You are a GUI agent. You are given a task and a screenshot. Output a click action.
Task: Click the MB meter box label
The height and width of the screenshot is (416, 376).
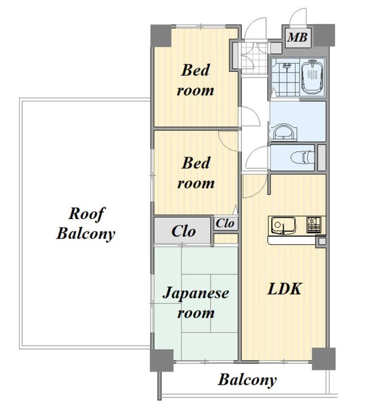click(297, 37)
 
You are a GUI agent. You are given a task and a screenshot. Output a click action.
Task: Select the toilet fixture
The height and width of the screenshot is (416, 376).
click(302, 158)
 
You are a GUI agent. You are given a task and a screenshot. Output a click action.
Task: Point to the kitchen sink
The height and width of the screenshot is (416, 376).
click(282, 225)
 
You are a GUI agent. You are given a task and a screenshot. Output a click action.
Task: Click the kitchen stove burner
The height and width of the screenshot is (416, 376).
click(314, 225)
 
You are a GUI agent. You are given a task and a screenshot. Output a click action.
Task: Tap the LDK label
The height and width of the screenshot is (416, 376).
click(284, 289)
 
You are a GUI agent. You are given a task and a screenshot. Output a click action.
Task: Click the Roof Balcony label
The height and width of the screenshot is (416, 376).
click(86, 224)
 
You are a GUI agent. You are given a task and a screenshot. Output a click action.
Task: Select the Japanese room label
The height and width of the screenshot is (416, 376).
click(196, 303)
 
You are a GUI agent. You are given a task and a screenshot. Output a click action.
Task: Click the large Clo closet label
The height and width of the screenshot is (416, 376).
click(184, 231)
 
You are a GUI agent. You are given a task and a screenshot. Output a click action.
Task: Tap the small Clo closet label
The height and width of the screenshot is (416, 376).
click(225, 223)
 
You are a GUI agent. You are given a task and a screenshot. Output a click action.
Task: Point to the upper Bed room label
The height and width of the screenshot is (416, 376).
click(195, 80)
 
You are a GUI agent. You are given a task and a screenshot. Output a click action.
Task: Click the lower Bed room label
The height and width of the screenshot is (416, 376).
click(196, 173)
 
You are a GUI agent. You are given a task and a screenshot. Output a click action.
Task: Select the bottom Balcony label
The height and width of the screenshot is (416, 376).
click(247, 380)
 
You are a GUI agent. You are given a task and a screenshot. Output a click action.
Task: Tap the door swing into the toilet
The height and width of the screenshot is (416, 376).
click(257, 157)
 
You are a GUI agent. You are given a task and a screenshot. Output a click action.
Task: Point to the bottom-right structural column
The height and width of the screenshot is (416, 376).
click(324, 359)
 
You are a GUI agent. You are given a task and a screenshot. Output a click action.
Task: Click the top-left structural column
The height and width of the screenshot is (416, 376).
click(161, 36)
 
